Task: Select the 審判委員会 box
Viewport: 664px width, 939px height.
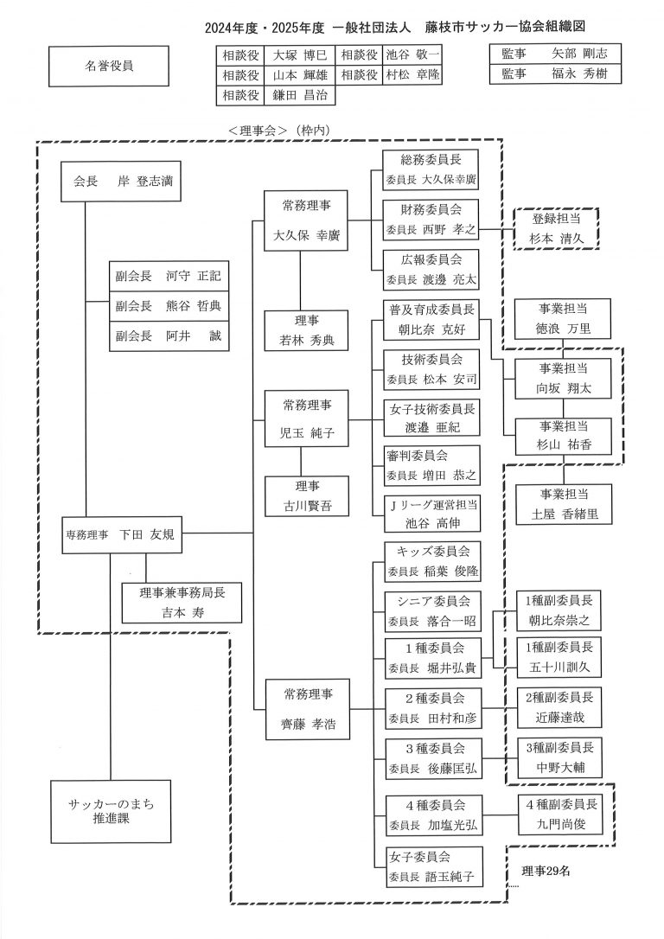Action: coord(431,464)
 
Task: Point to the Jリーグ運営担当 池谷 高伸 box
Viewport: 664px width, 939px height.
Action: coord(431,514)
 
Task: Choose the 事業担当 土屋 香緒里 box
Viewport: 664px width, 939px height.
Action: coord(564,502)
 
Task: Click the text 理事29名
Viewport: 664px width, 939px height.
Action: coord(546,871)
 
